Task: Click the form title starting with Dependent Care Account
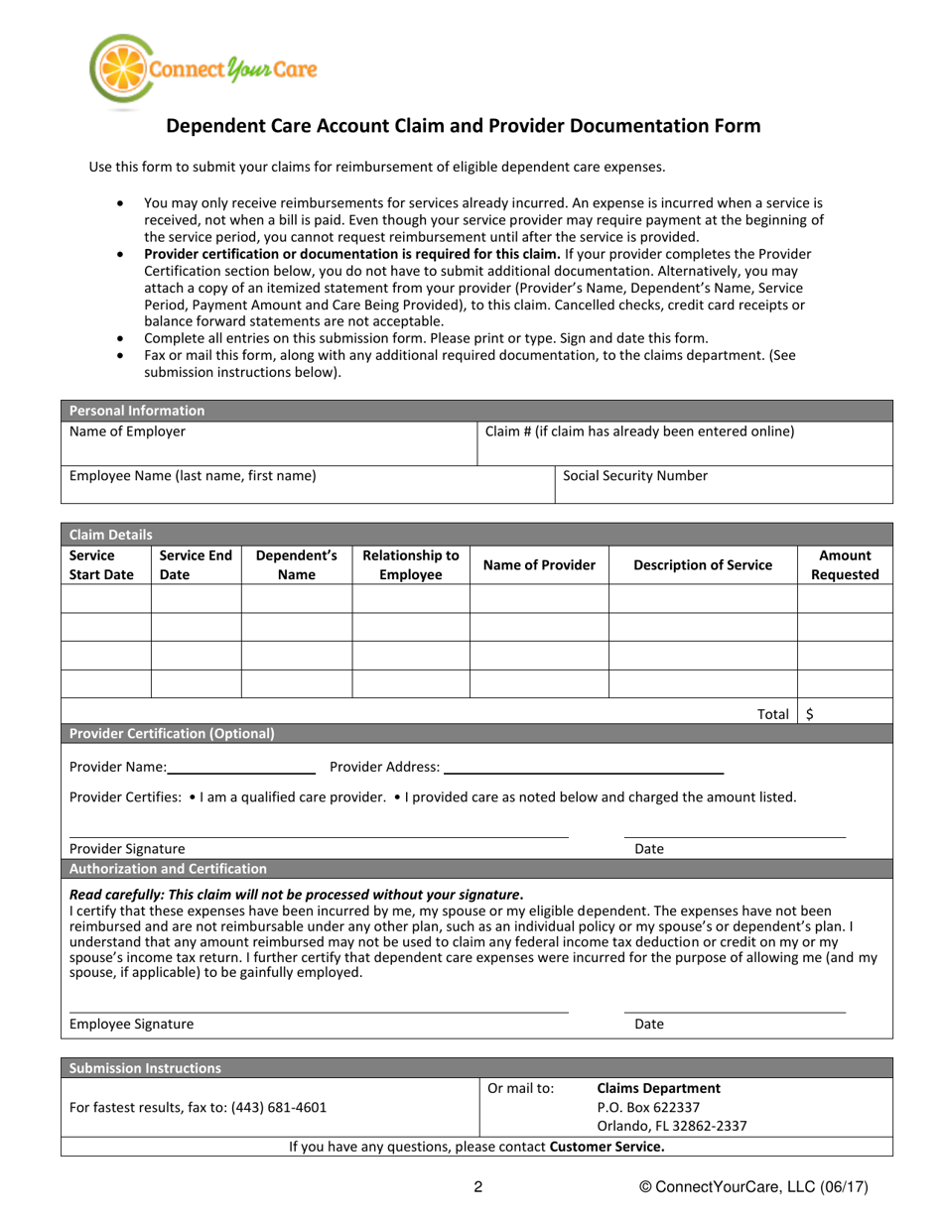[x=464, y=126]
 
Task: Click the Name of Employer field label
[x=127, y=431]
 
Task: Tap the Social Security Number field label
[x=635, y=475]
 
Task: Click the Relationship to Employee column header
[x=410, y=565]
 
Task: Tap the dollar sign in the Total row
[x=811, y=712]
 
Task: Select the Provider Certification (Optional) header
[x=171, y=734]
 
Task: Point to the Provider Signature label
[x=127, y=849]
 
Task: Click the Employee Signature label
[x=131, y=1025]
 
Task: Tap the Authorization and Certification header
[x=168, y=870]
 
